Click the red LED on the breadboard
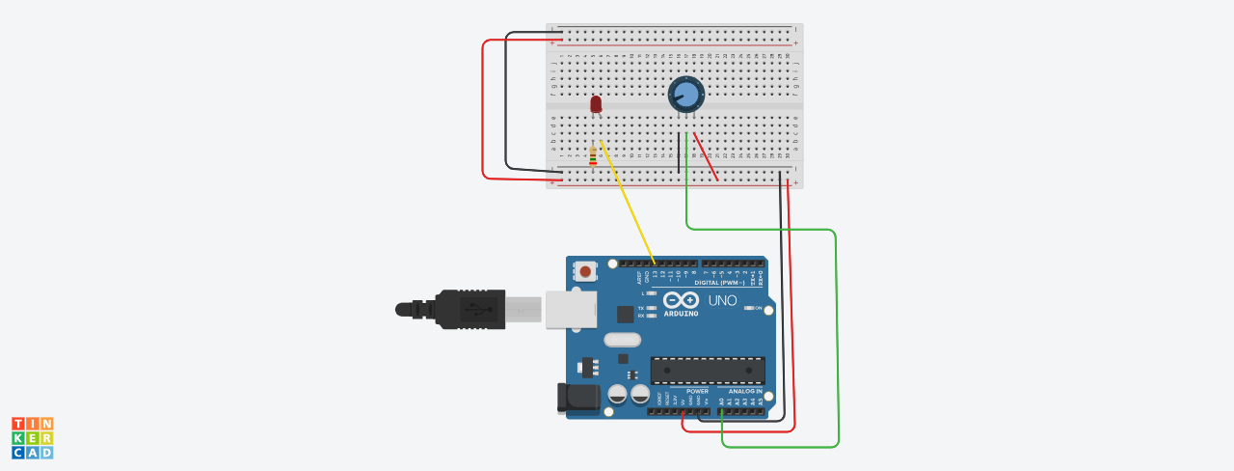coord(596,102)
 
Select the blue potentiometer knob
coord(686,94)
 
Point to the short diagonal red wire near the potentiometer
coord(706,156)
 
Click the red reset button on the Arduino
coord(585,271)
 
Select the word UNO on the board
coord(723,300)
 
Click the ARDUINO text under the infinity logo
coord(681,313)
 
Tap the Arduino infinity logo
coord(681,299)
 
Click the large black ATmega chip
coord(708,371)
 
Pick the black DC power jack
coord(577,397)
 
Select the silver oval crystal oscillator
coord(623,340)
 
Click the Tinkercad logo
coord(33,438)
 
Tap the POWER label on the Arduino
coord(696,391)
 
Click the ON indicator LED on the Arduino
coord(749,308)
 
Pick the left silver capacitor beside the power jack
coord(618,394)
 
